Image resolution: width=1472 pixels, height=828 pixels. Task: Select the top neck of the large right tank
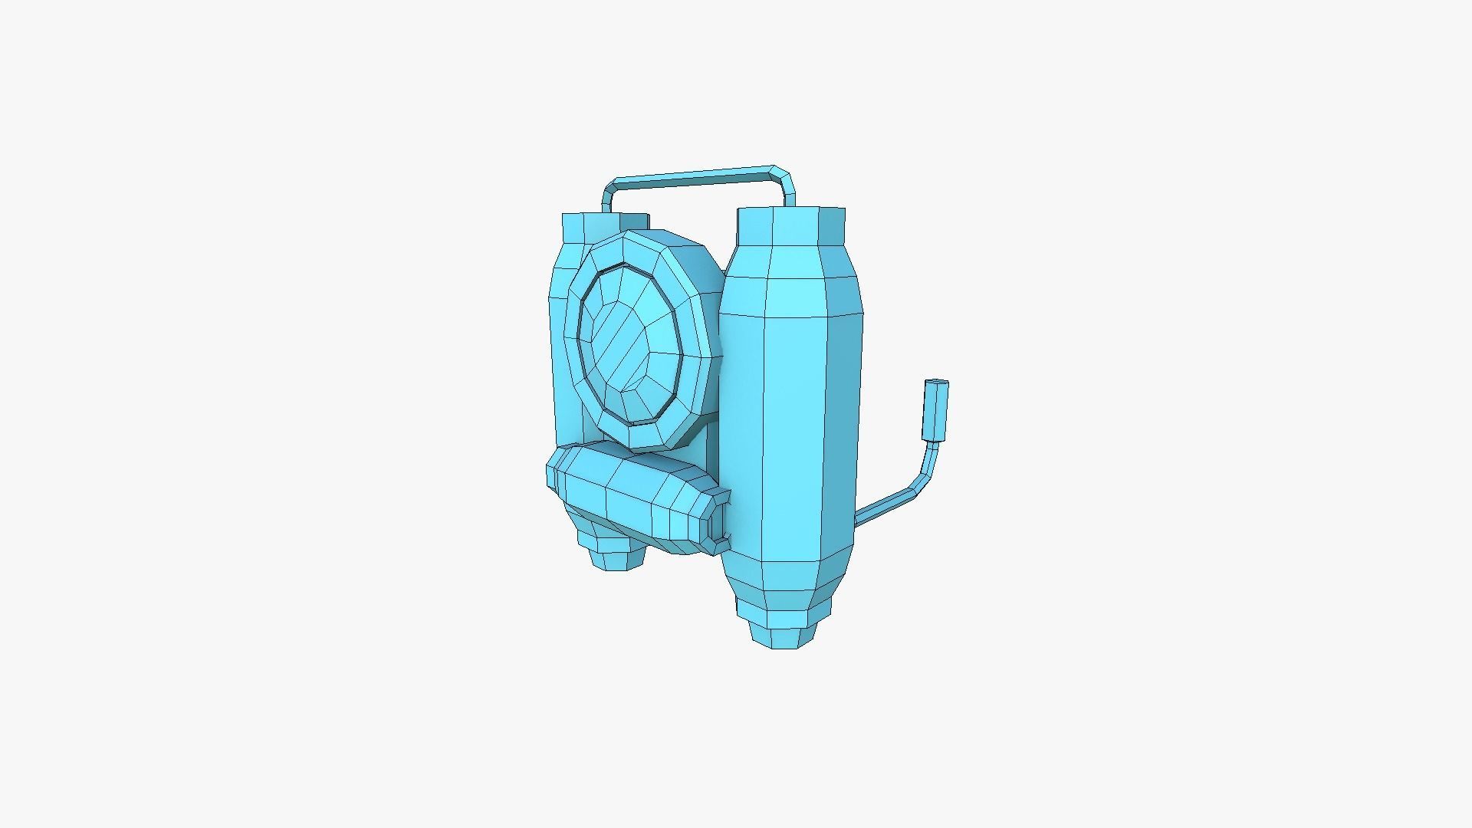coord(791,225)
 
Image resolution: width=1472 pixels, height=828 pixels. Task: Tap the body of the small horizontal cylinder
coord(629,498)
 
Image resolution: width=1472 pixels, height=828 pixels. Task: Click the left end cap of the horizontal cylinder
coord(554,469)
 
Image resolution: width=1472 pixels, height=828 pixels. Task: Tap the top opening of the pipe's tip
coord(937,383)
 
